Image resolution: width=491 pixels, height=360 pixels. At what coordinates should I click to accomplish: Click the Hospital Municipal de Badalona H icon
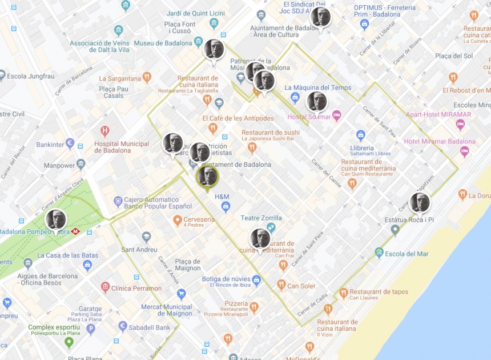104,131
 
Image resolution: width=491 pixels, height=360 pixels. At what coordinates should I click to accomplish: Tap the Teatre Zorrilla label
261,218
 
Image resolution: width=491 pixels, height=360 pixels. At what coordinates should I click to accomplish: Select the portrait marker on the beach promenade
420,203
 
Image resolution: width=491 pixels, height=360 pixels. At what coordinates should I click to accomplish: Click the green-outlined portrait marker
207,176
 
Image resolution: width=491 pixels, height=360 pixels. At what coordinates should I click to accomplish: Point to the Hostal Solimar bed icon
337,116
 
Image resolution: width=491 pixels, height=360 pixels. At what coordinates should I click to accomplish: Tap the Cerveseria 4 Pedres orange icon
178,220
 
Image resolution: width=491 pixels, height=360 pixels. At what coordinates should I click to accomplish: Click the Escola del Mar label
407,254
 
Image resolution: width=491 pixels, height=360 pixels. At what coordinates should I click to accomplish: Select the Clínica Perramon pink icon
105,287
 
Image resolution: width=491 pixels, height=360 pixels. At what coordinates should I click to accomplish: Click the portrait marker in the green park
56,219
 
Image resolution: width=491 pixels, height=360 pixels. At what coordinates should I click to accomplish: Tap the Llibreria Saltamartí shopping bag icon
360,135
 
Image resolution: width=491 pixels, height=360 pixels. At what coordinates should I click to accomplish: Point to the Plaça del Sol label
454,56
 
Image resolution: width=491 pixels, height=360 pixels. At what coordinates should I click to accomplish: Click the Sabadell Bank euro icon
123,326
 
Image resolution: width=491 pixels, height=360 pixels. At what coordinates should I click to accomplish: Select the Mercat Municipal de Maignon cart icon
182,294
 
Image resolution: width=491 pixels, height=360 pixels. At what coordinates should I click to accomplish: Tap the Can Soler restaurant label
301,286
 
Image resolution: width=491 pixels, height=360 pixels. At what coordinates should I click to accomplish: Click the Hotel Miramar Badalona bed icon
465,151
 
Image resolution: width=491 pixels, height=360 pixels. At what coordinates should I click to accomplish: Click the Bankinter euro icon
70,143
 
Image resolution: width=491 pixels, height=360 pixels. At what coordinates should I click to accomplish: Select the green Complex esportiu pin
69,342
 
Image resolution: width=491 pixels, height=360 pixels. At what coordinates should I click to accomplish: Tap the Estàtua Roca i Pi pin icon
395,230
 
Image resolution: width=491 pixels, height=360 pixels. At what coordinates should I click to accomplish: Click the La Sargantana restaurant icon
147,77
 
